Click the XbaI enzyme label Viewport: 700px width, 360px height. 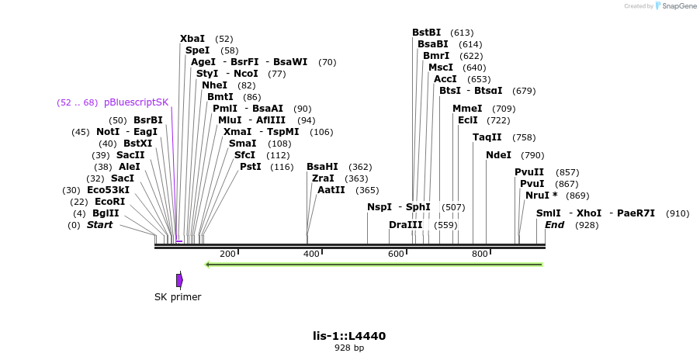[x=192, y=38]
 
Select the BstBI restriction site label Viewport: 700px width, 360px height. [x=426, y=32]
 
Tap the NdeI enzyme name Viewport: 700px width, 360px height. [x=498, y=155]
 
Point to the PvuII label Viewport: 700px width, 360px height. [x=529, y=172]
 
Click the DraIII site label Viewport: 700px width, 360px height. [x=406, y=225]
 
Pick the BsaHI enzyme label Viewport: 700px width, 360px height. [x=322, y=167]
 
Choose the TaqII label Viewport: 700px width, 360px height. [x=487, y=137]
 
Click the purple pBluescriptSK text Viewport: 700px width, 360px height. [x=136, y=102]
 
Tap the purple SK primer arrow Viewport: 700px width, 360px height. [x=179, y=279]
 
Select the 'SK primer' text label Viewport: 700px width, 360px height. [x=178, y=297]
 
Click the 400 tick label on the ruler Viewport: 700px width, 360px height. [x=311, y=254]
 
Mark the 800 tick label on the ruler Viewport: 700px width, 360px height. [x=479, y=254]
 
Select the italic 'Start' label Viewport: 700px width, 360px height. [x=99, y=225]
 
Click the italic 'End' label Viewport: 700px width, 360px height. [x=554, y=225]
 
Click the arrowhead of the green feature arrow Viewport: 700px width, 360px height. [x=208, y=265]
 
